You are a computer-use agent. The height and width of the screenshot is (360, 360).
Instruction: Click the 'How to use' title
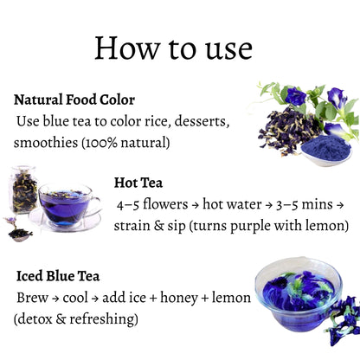pos(173,48)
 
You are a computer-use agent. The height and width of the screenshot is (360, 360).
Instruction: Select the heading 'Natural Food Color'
pos(74,100)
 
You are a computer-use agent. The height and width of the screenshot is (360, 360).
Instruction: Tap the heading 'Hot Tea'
pos(138,183)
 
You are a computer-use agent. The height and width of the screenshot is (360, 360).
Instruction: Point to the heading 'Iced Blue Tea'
pos(58,276)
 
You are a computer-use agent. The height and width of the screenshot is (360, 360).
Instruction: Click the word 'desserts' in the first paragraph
pos(202,121)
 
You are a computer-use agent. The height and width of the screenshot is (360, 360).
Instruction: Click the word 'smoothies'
pos(46,143)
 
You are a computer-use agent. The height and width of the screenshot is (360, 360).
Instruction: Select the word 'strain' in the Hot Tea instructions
pos(132,226)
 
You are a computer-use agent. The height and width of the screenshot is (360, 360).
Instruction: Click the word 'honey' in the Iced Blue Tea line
pos(179,298)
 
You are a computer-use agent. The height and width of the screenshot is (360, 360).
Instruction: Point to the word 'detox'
pos(35,319)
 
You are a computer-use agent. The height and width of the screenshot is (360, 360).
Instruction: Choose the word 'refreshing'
pos(102,319)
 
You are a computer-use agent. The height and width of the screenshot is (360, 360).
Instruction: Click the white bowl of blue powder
pos(326,151)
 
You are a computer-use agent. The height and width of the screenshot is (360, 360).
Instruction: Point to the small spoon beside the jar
pos(19,230)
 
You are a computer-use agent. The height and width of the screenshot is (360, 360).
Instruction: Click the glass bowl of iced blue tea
pos(299,294)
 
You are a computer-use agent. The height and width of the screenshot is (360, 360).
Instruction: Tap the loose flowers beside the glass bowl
pos(343,321)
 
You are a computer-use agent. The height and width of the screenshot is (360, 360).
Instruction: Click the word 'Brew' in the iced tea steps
pos(32,298)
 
